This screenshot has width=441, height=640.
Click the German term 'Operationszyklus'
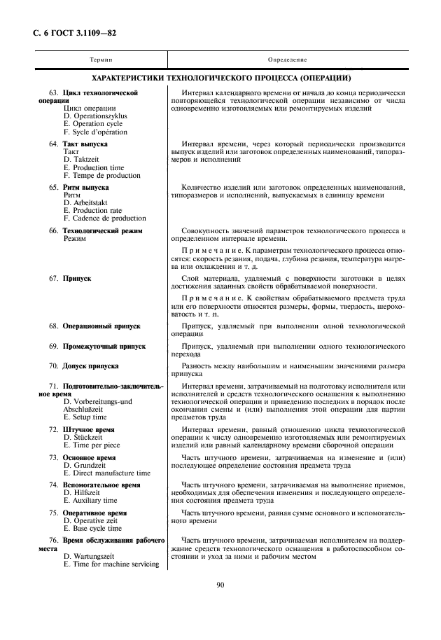pos(94,116)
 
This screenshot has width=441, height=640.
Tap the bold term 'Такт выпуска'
pos(85,144)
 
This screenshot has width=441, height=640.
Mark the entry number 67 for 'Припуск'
pos(54,278)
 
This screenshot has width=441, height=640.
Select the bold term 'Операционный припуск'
pos(101,326)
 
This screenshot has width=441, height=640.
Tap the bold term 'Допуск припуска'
pos(90,366)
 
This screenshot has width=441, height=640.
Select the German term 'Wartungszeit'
pos(89,557)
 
